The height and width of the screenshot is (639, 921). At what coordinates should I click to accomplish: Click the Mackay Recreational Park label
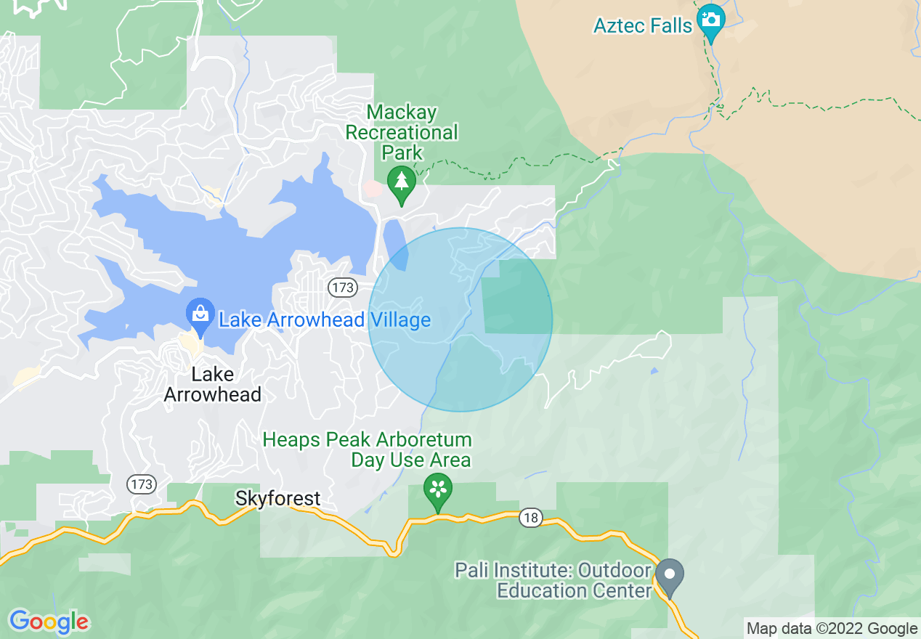coord(402,132)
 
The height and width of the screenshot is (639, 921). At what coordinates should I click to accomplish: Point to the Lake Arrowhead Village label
coord(325,320)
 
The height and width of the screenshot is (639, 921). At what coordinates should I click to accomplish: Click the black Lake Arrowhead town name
coord(212,384)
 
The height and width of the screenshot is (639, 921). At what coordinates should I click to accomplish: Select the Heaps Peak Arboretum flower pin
coord(438,489)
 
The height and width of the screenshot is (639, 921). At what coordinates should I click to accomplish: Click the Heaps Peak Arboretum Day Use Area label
coord(368,449)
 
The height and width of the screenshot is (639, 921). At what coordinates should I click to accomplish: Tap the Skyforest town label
coord(277,498)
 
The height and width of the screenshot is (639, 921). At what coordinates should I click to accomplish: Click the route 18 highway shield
coord(531,518)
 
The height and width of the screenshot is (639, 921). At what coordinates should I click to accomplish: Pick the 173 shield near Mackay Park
coord(342,288)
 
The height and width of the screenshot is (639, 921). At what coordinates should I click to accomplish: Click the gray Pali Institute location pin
coord(669,576)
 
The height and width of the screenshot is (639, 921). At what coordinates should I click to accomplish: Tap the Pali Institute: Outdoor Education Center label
coord(553,579)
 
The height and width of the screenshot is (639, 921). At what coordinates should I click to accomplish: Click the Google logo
coord(49,622)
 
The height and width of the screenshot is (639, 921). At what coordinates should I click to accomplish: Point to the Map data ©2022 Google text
coord(832,629)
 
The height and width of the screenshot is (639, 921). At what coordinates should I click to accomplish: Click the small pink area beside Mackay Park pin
coord(373,189)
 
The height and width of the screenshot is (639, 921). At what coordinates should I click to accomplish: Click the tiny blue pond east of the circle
coord(655,371)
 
